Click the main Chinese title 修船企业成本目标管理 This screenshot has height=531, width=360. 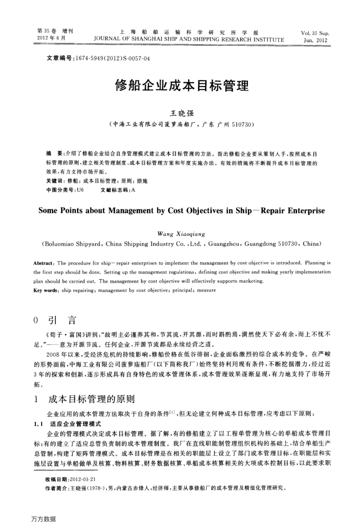pyautogui.click(x=182, y=85)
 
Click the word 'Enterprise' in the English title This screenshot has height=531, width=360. pyautogui.click(x=299, y=211)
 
